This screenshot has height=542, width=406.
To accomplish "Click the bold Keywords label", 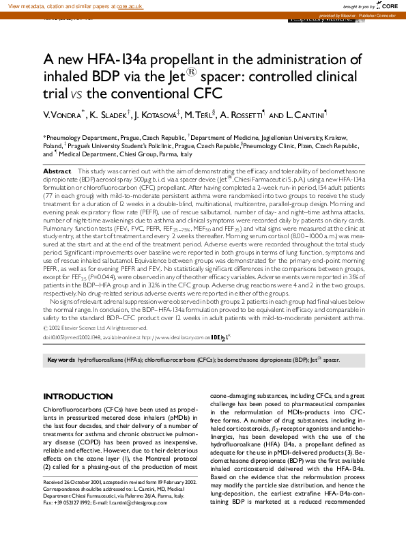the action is click(61, 359).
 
